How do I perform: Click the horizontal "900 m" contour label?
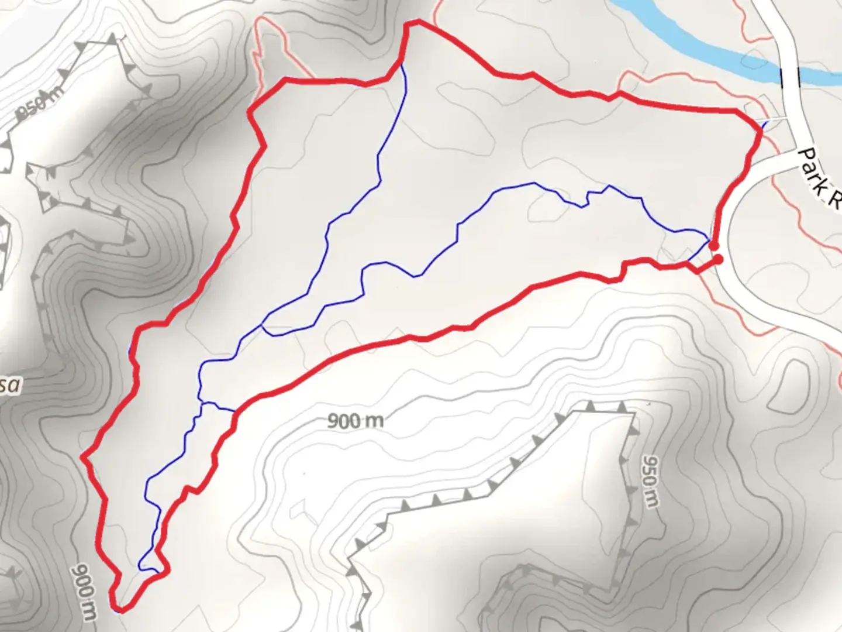(x=355, y=420)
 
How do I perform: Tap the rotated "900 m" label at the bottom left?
(x=85, y=591)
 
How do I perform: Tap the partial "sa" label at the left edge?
(x=11, y=385)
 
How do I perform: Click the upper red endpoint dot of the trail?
(x=714, y=246)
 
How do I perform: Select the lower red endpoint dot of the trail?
(x=719, y=259)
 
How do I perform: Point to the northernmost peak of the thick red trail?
(x=416, y=22)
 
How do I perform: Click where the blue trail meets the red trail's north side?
(x=402, y=63)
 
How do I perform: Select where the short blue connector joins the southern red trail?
(x=236, y=411)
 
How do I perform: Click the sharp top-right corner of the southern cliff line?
(x=634, y=414)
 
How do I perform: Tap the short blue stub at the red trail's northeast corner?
(x=765, y=123)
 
